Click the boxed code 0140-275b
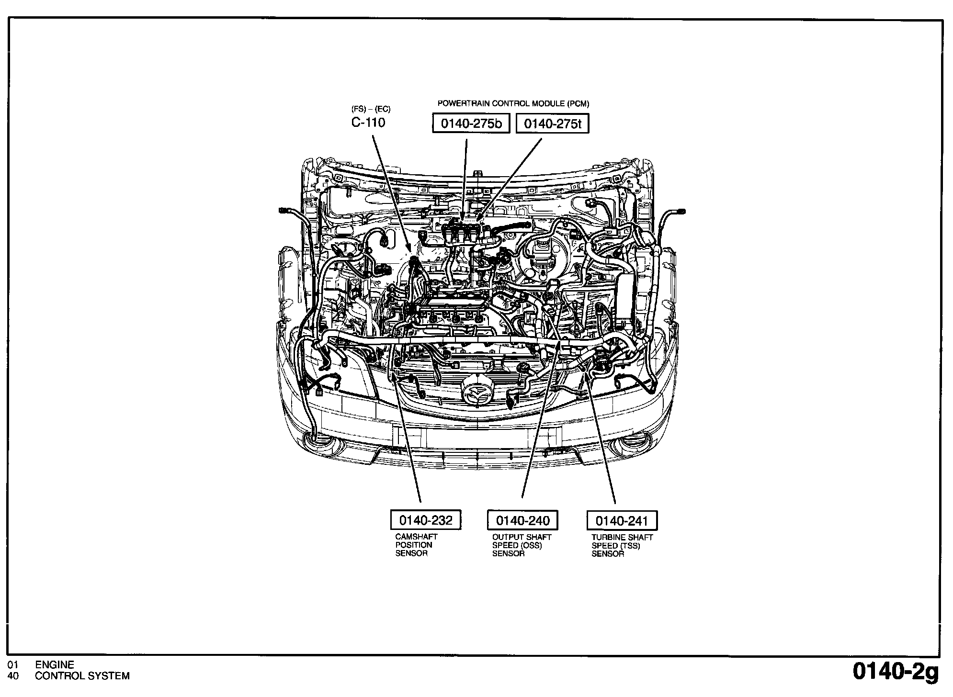click(471, 124)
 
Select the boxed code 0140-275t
click(552, 124)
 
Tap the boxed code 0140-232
click(426, 520)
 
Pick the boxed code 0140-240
click(522, 520)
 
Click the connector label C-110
click(368, 123)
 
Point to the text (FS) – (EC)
click(371, 109)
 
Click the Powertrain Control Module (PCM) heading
click(513, 103)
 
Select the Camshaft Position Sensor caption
click(416, 545)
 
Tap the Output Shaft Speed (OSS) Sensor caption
click(522, 545)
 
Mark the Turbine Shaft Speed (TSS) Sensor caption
click(622, 545)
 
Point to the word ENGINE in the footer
click(55, 664)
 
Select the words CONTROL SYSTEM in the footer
click(82, 676)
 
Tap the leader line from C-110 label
click(390, 191)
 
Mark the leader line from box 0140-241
click(601, 440)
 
